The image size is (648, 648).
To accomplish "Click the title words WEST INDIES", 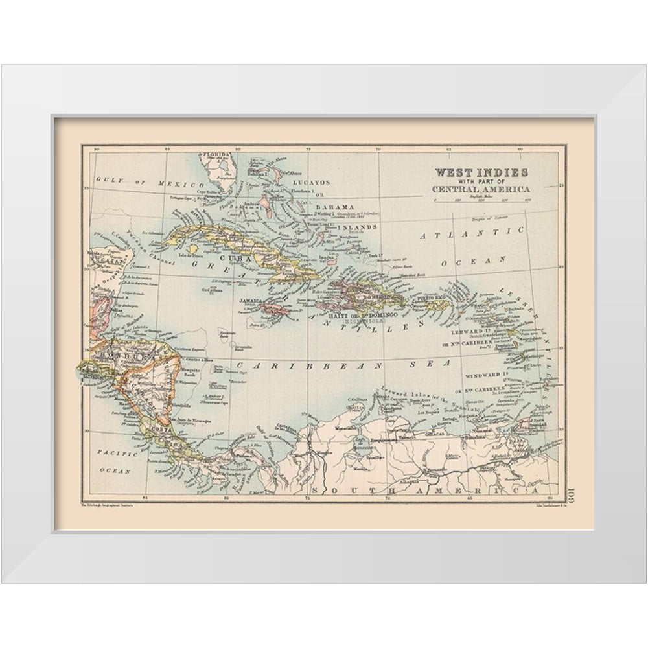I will (x=480, y=172).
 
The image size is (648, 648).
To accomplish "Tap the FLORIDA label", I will (x=217, y=155).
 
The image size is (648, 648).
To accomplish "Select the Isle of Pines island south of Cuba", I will (x=190, y=249).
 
